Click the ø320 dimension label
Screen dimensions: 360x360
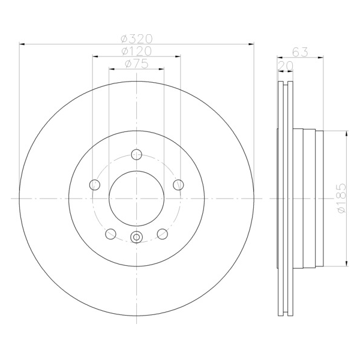pyautogui.click(x=137, y=39)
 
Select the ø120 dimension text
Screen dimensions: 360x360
pyautogui.click(x=137, y=51)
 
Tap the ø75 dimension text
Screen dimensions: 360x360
pyautogui.click(x=137, y=64)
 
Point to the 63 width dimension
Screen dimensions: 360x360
pyautogui.click(x=300, y=52)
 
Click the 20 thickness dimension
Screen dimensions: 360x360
pyautogui.click(x=286, y=66)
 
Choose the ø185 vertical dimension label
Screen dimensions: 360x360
pyautogui.click(x=341, y=198)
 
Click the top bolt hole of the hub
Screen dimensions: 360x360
pyautogui.click(x=137, y=154)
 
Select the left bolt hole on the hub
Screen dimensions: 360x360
pyautogui.click(x=95, y=185)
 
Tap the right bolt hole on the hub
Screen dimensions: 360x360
pyautogui.click(x=178, y=185)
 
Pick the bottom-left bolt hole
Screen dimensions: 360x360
pyautogui.click(x=110, y=234)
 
